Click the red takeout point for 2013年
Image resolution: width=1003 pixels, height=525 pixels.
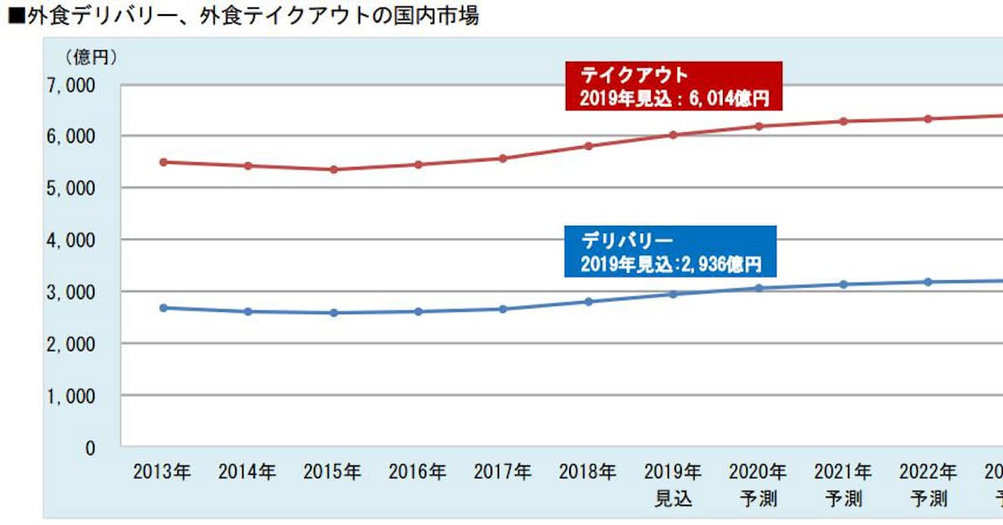coord(163,161)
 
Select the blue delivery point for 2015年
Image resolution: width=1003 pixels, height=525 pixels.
coord(333,313)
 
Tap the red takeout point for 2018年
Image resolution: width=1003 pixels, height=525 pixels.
coord(588,145)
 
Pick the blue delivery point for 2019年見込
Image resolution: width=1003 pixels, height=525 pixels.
coord(673,293)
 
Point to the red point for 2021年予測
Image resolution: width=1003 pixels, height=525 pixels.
coord(843,121)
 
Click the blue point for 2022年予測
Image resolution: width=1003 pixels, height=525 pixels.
coord(928,282)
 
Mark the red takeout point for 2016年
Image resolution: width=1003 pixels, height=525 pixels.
coord(419,164)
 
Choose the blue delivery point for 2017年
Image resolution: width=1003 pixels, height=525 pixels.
coord(503,308)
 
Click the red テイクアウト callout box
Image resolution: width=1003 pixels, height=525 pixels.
coord(673,86)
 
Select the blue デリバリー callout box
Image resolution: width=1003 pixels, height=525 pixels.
coord(670,252)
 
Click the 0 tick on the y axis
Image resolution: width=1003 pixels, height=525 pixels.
coord(90,447)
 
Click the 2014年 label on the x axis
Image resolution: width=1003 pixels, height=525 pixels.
coord(247,471)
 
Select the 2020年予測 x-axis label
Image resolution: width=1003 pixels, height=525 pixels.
coord(758,485)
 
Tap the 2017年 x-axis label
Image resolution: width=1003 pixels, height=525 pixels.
coord(502,471)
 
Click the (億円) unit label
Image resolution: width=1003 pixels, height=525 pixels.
coord(92,58)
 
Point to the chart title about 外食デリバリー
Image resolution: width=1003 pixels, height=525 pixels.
coord(242,15)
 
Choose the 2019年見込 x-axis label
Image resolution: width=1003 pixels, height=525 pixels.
coord(673,485)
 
